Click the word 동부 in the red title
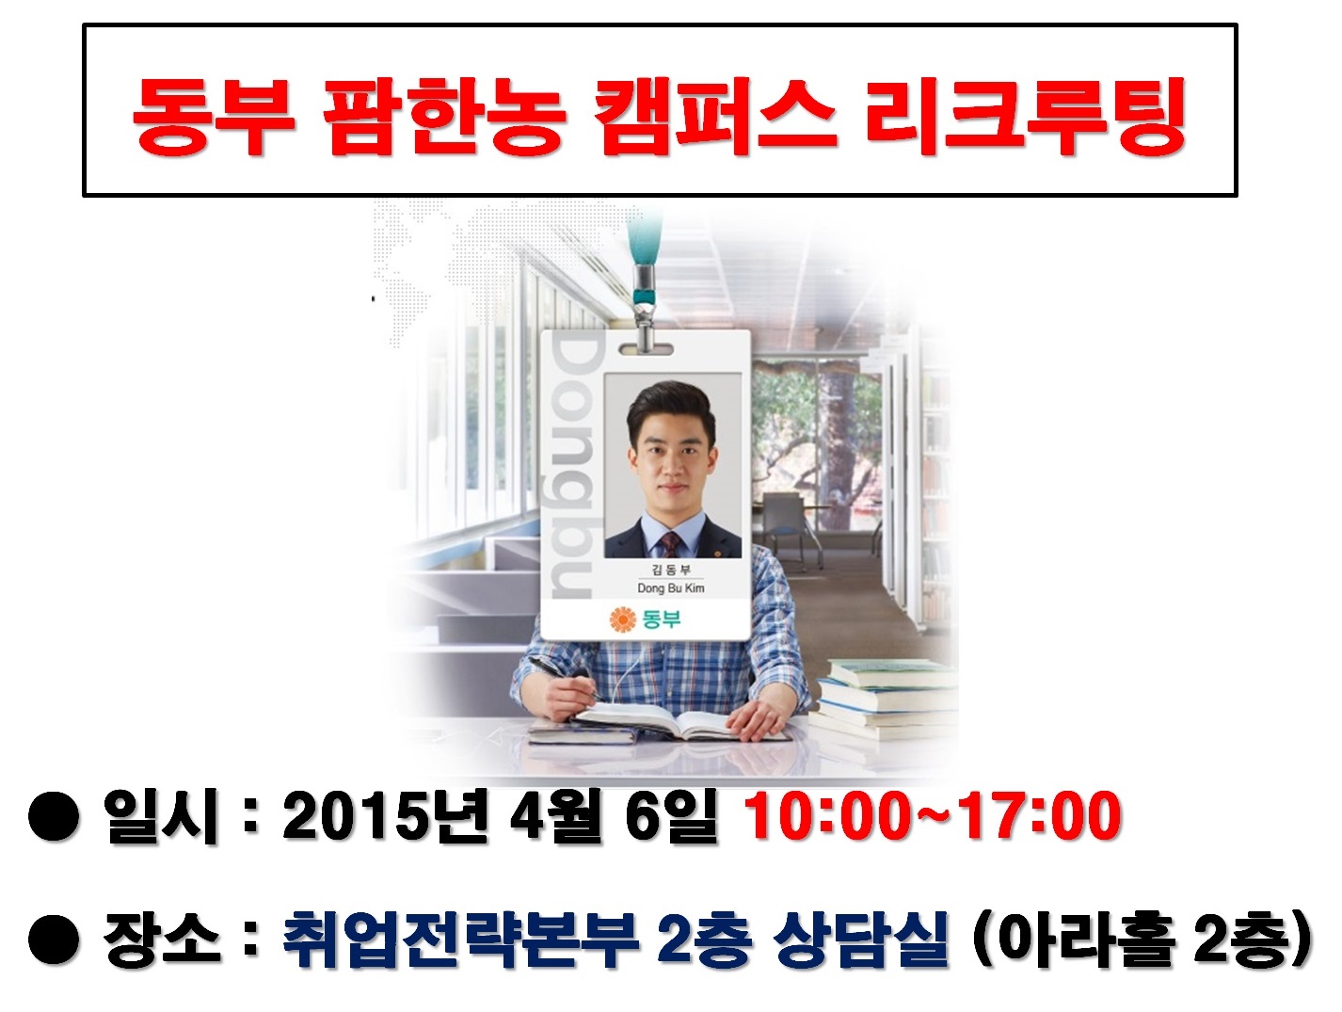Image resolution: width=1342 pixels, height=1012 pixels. pos(212,117)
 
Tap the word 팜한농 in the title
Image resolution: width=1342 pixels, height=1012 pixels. pos(442,117)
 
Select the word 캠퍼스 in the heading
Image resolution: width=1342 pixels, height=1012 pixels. pos(715,117)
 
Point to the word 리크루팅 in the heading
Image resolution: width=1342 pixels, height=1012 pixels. pos(1024,117)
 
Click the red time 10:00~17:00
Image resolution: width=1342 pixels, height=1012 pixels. pos(932,815)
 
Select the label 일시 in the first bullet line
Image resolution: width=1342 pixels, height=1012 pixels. pos(162,815)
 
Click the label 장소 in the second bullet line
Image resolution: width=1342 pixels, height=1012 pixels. pos(162,938)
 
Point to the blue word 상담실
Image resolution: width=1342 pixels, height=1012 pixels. pos(859,938)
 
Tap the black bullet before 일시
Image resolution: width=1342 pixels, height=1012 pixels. pos(54,817)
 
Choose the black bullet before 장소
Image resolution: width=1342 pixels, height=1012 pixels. pos(54,940)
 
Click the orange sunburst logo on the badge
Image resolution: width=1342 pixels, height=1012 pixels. pos(622,619)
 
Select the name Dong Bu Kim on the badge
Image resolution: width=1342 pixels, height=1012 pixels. pos(670,588)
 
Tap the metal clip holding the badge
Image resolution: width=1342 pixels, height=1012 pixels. pos(647,301)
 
